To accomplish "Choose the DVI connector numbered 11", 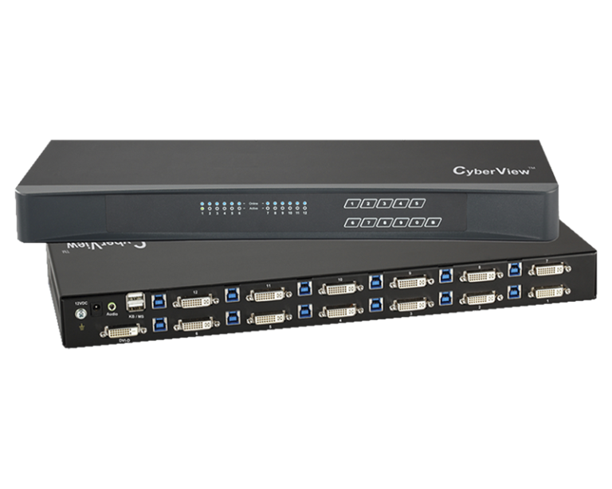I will coord(267,295).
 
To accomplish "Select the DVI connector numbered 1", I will coord(550,294).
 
